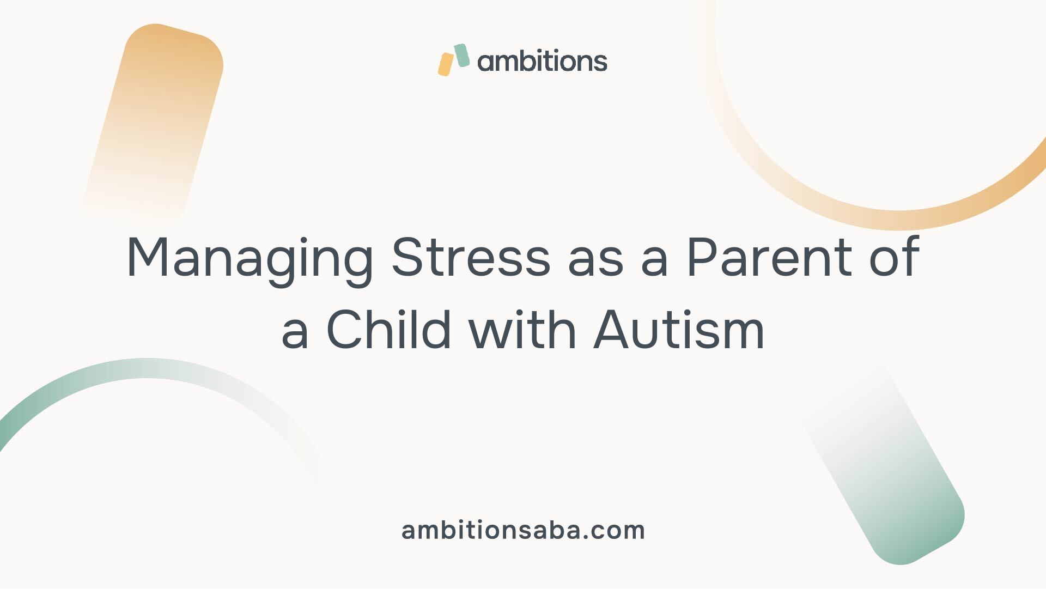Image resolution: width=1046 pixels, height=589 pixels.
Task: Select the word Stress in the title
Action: coord(471,257)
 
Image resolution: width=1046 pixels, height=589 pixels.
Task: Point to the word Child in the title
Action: coord(389,329)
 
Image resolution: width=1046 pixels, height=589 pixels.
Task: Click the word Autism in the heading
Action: coord(679,330)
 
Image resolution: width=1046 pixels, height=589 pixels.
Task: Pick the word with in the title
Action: coord(524,329)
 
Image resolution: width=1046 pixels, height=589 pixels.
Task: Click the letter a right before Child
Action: coord(295,335)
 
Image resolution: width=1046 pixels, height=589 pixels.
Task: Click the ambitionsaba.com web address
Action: coord(523,530)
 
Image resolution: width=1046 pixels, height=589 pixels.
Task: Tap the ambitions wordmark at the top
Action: coord(542,61)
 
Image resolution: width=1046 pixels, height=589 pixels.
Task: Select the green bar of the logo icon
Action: coord(461,56)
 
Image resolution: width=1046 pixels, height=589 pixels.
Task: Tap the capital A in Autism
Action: coord(612,330)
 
